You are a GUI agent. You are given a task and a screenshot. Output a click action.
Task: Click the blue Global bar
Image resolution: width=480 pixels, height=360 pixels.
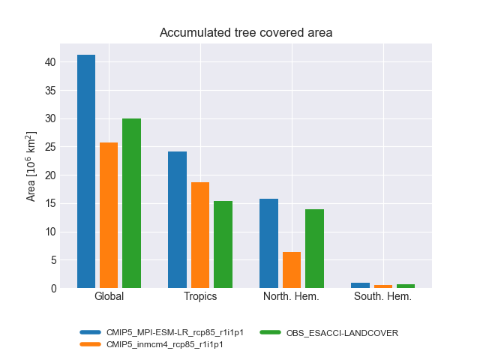tap(86, 172)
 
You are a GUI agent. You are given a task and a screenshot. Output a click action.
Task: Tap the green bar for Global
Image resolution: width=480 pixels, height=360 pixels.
tap(131, 203)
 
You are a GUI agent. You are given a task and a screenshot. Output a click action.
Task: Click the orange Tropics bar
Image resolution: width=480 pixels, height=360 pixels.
tap(200, 235)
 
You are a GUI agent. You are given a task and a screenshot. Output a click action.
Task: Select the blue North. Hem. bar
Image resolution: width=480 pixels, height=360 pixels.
tap(268, 243)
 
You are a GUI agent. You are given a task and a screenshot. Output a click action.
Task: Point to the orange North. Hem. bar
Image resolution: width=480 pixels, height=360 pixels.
tap(292, 270)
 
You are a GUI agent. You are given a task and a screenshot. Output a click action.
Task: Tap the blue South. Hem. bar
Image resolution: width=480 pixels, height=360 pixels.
tap(360, 286)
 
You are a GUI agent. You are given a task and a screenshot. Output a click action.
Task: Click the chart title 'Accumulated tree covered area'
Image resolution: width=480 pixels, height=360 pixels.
tap(246, 33)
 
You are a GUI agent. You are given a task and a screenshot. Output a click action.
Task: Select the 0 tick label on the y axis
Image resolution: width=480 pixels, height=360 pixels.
tap(52, 289)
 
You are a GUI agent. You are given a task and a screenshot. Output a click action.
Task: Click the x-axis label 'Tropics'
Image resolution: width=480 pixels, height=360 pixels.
tap(200, 297)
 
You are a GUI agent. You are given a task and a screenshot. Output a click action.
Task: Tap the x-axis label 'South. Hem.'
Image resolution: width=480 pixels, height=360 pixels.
tap(382, 297)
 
